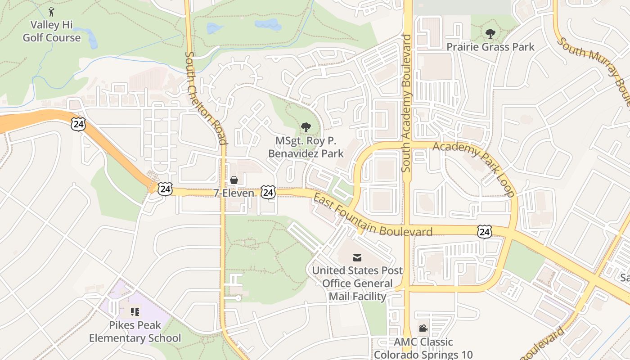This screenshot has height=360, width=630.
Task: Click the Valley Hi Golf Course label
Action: [x=52, y=31]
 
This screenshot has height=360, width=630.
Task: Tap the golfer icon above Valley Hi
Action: [x=51, y=11]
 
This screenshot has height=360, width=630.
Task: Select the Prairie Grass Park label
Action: [x=490, y=47]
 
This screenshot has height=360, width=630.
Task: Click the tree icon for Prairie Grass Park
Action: [x=490, y=33]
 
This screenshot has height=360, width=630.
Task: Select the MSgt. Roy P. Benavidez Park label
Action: [x=306, y=147]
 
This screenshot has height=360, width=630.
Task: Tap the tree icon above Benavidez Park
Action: [x=306, y=127]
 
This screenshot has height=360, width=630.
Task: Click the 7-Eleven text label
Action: [x=234, y=193]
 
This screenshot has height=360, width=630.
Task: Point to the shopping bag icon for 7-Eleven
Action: [x=234, y=180]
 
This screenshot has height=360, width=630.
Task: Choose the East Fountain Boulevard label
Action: [x=372, y=216]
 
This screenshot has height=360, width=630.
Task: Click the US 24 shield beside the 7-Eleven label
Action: [x=268, y=193]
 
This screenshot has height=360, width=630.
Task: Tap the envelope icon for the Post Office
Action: [x=357, y=257]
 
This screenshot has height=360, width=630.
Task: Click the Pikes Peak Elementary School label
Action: [x=135, y=331]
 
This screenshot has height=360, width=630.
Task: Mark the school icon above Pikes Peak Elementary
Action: [x=135, y=311]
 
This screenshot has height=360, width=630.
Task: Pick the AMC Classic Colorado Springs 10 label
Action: [x=423, y=348]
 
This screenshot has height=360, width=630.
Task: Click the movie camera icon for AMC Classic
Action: [x=423, y=328]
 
